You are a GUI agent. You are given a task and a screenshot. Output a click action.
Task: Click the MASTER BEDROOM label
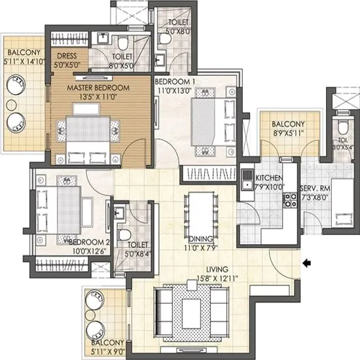tap(98, 87)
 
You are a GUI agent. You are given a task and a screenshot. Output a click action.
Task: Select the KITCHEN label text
tap(268, 178)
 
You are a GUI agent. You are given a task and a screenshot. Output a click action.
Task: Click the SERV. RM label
tap(314, 188)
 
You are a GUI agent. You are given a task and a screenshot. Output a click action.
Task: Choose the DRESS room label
tap(68, 57)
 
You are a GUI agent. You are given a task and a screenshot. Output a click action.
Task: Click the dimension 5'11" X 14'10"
tap(24, 62)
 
